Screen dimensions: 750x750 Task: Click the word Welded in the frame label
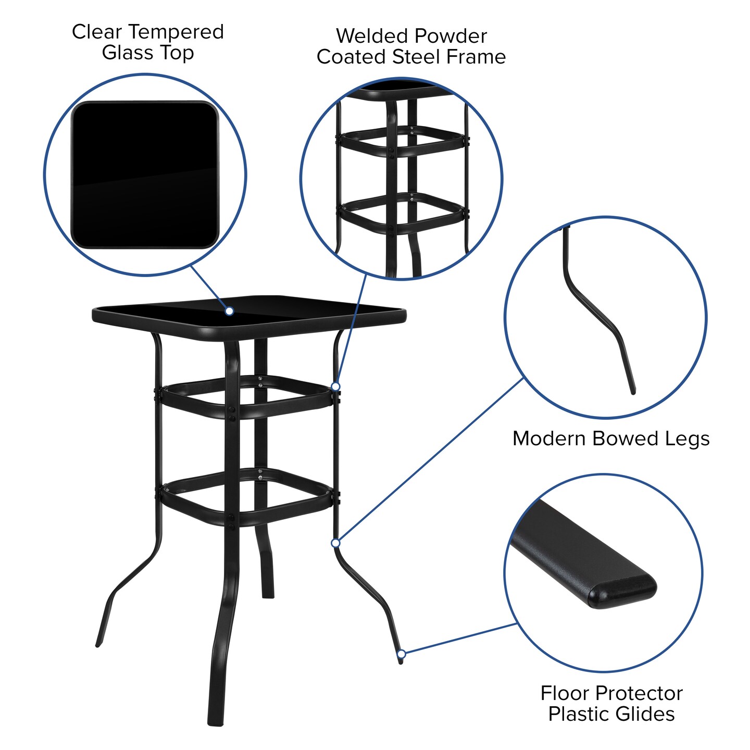pos(363,36)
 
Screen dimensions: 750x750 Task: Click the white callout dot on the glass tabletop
pos(229,311)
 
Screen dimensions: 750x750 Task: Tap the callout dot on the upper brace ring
pos(336,386)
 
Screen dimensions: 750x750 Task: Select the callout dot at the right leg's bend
pos(336,543)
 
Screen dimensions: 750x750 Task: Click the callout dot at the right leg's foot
pos(402,654)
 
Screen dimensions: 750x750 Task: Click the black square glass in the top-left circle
pos(145,174)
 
